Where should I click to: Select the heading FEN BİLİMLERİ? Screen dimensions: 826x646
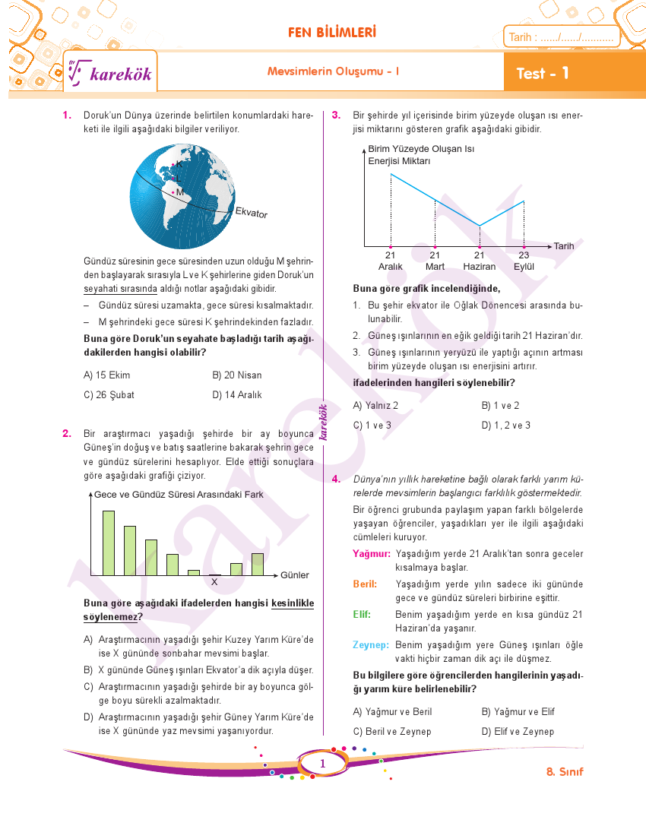[332, 33]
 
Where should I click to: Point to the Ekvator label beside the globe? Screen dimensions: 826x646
[252, 213]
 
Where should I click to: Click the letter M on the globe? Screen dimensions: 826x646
[180, 192]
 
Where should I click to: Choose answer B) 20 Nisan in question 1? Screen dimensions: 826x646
[237, 375]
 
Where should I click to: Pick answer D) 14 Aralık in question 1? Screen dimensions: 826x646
[237, 395]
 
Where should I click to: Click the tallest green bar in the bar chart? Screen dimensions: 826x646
[109, 543]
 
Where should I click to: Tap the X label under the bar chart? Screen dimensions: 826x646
[214, 581]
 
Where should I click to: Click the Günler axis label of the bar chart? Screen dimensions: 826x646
[295, 575]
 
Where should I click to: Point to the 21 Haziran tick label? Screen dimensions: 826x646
[479, 261]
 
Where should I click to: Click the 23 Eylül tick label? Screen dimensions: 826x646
[524, 261]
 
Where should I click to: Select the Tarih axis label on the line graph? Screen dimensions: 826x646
[563, 246]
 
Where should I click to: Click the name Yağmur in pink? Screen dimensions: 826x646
[372, 554]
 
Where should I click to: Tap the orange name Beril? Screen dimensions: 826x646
[366, 584]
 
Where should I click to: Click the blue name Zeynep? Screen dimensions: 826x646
[371, 645]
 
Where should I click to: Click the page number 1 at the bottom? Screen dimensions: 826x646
[323, 764]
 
